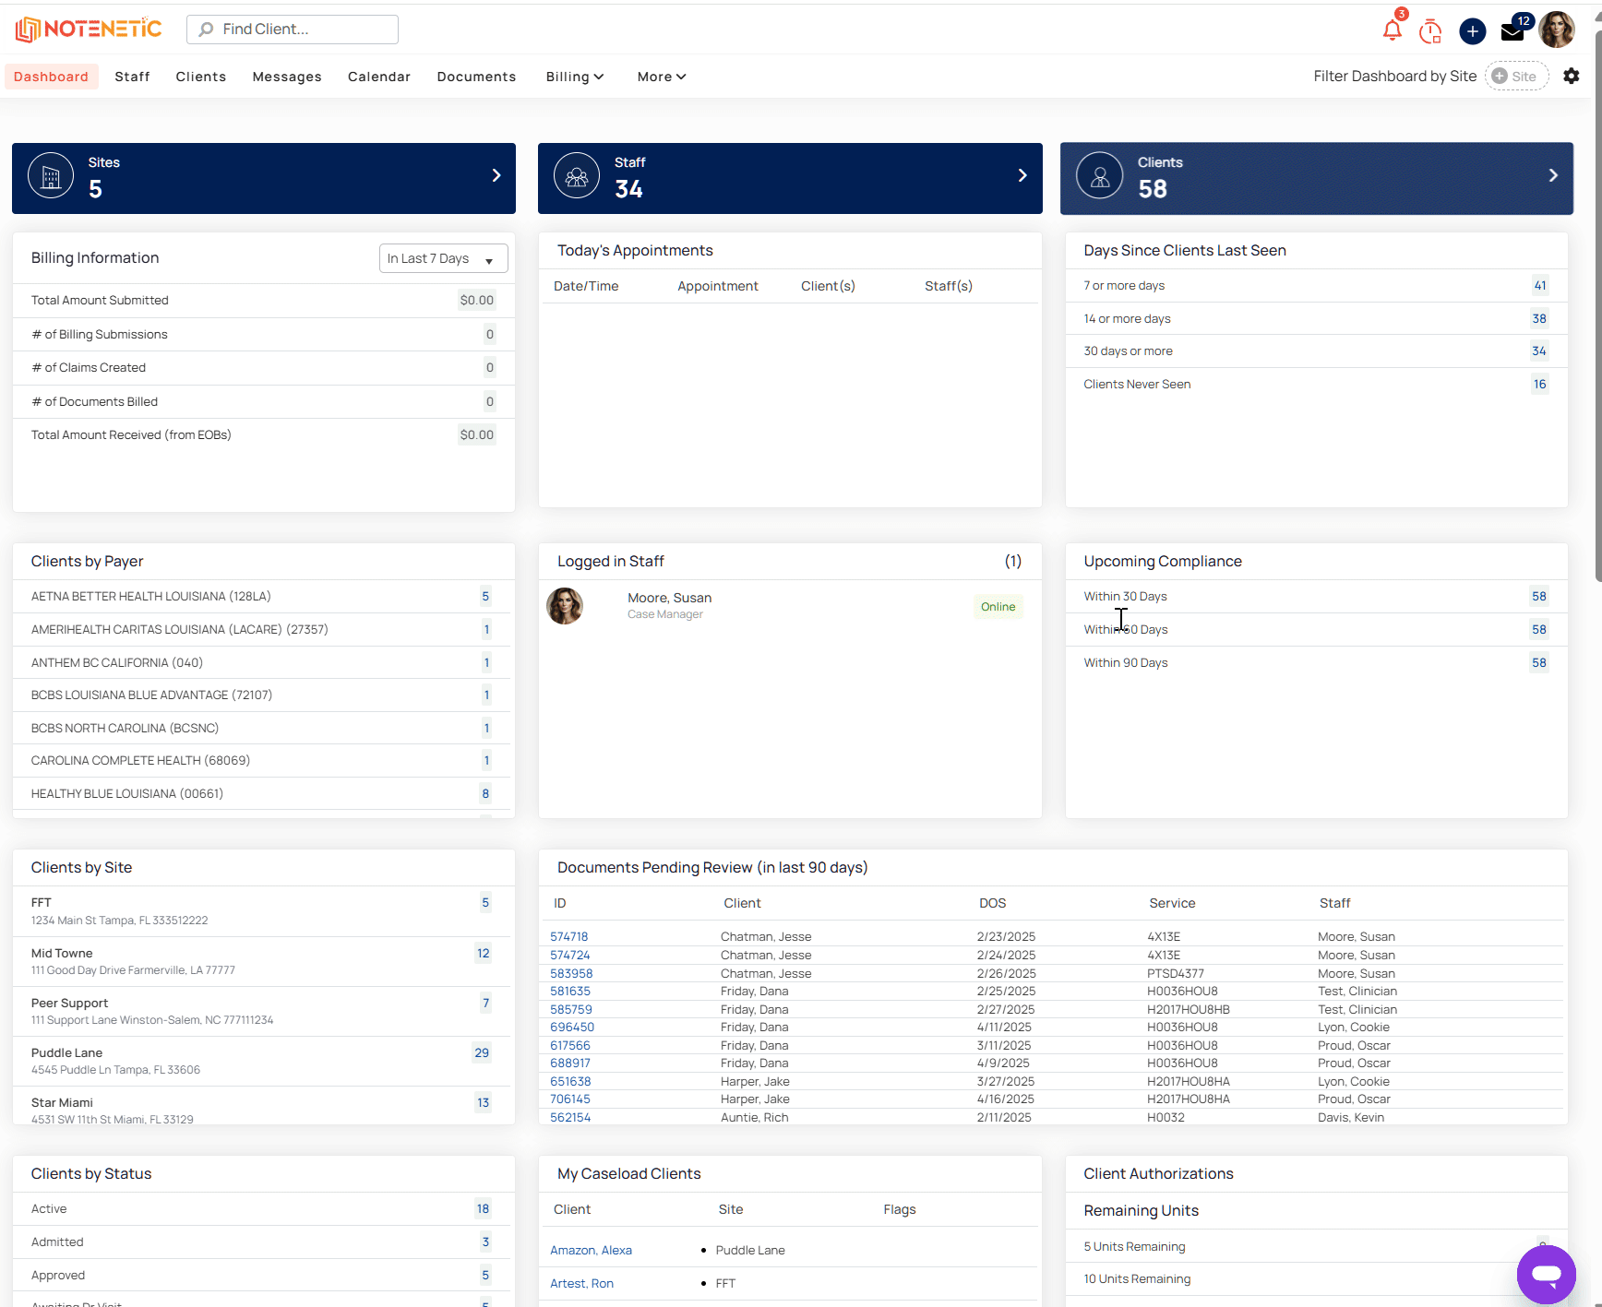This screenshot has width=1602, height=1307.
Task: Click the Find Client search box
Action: click(x=293, y=30)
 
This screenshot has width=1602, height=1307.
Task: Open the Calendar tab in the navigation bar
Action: click(x=379, y=77)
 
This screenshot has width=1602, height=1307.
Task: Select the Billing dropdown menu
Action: click(x=574, y=77)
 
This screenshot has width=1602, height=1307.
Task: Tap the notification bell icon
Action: click(x=1393, y=30)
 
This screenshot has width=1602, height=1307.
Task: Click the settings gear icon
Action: click(x=1572, y=76)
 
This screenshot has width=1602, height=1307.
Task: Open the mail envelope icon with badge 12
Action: click(x=1512, y=31)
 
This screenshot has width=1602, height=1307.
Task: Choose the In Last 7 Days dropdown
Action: click(x=443, y=258)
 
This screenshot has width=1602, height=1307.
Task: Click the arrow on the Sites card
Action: click(x=496, y=175)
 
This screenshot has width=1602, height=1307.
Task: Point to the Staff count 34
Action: click(x=628, y=189)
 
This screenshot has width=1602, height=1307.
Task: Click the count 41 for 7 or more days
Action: click(x=1539, y=286)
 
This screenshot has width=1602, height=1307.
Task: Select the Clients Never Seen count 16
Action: click(x=1539, y=385)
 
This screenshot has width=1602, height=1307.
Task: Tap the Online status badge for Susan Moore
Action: click(x=998, y=607)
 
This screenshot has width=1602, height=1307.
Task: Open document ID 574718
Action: click(x=569, y=937)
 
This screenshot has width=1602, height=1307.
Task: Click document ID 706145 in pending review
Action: click(x=570, y=1099)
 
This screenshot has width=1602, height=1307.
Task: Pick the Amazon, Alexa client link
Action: click(x=592, y=1251)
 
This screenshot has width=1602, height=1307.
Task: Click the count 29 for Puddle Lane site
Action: click(x=482, y=1053)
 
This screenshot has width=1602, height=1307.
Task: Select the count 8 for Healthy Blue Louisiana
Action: click(x=485, y=794)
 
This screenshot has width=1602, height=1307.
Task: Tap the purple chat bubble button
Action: click(x=1547, y=1275)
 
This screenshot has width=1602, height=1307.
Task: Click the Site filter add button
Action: click(x=1516, y=77)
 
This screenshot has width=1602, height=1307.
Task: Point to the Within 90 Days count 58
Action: click(x=1539, y=663)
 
